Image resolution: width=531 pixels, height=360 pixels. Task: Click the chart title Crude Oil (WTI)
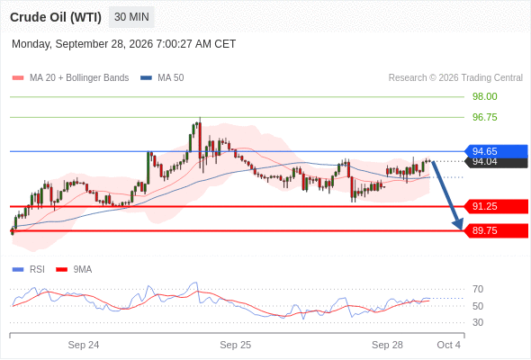(56, 17)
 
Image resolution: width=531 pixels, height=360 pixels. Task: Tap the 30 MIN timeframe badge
(131, 17)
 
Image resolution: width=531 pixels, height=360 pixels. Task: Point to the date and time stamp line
(123, 44)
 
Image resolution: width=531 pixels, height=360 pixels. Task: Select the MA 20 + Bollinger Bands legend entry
(70, 78)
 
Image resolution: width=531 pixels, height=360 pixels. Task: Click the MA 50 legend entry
(162, 78)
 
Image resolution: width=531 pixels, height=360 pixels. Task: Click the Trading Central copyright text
(455, 78)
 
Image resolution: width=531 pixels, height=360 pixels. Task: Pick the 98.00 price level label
(484, 96)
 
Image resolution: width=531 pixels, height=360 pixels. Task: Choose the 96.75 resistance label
(484, 117)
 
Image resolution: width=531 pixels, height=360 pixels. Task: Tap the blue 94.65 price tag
(496, 151)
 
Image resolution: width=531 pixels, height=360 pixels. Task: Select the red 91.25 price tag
(496, 206)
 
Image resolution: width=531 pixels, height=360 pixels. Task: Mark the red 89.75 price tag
(496, 230)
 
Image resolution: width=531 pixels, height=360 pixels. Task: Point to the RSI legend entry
(28, 270)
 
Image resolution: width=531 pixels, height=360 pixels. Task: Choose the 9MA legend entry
(74, 270)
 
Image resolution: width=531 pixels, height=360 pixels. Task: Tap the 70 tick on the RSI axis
(478, 289)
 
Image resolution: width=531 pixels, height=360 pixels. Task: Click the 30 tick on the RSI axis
(478, 322)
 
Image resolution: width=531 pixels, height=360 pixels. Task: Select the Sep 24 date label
(84, 345)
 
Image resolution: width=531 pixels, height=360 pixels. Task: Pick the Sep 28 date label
(387, 345)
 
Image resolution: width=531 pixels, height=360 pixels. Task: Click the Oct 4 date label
(449, 345)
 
